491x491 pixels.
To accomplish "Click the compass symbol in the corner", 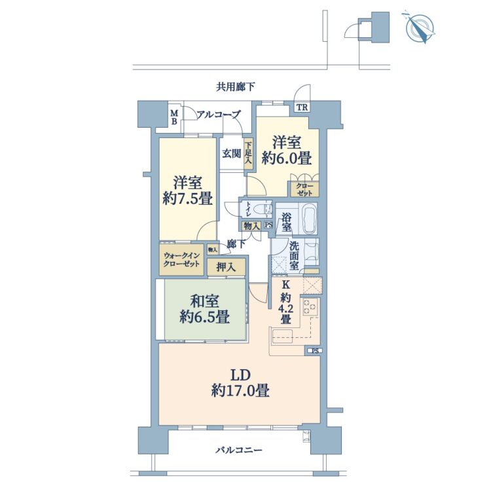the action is coord(420,27).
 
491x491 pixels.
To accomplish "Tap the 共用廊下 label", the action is coord(235,86).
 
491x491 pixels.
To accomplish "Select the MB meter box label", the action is coord(174,117).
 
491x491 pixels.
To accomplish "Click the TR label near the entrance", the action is coord(302,108).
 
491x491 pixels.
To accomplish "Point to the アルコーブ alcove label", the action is coord(219,115).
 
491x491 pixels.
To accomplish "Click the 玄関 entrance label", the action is coord(232,153).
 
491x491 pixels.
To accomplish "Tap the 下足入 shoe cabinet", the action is coord(248,153).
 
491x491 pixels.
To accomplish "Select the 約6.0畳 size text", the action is coord(287,159).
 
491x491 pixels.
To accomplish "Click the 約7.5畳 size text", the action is coord(188,198).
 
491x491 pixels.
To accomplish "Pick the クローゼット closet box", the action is coord(304,189).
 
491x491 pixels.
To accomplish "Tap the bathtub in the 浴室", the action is coord(308,218).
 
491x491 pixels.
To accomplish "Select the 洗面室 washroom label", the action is coord(294,256).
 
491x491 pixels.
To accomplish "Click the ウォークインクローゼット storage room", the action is coord(181,260).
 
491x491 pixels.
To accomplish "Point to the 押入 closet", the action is coord(226,267).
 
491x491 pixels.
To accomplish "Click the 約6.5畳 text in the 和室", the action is coord(204,317).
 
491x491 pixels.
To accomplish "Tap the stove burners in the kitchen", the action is coord(310,307).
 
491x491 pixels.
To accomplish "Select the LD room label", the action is coord(240,374).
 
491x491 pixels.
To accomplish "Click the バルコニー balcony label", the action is coord(238,450).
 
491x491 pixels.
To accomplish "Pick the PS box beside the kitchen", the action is coord(314,351).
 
